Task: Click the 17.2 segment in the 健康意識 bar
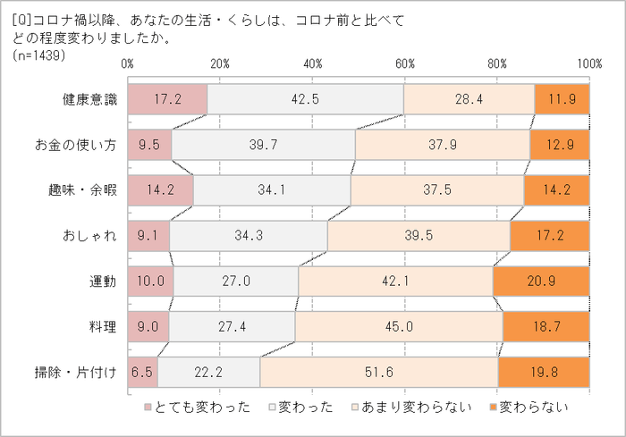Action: (x=167, y=100)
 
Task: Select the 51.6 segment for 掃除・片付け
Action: (x=379, y=372)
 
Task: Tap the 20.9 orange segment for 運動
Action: (x=541, y=281)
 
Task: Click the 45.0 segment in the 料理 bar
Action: (x=399, y=326)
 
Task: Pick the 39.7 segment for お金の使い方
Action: (x=264, y=145)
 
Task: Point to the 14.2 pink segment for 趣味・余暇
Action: (x=160, y=190)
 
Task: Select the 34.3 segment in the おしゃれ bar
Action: (x=248, y=236)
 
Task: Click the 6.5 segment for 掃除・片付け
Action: (x=142, y=372)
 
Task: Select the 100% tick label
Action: (x=588, y=64)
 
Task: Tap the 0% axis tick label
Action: (x=127, y=64)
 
